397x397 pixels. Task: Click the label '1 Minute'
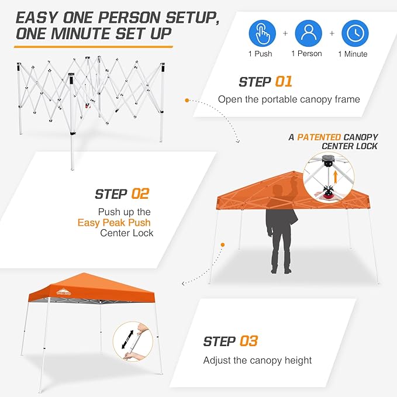tap(353, 54)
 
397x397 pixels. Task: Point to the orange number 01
tap(281, 82)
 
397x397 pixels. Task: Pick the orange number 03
tap(248, 341)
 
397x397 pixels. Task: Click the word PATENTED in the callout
tap(319, 137)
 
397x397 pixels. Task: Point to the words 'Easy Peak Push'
tap(114, 222)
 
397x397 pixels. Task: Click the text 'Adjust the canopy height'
tap(257, 360)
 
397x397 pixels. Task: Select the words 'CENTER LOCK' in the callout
tap(349, 146)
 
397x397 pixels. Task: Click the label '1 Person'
tap(307, 54)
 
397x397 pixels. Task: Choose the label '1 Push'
tap(261, 54)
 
